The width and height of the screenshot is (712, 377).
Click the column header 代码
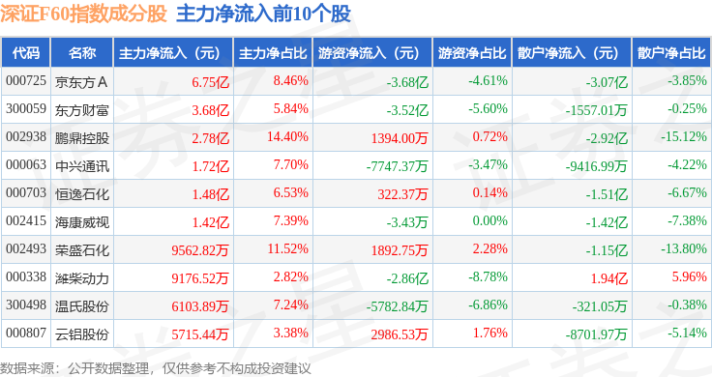26,53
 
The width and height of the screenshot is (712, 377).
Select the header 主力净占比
273,53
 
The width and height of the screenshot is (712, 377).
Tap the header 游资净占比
472,53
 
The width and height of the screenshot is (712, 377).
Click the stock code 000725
26,81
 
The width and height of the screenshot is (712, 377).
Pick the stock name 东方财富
82,110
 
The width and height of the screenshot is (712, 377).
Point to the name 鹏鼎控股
82,138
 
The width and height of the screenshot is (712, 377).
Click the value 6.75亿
210,82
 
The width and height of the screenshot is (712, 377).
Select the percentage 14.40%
287,136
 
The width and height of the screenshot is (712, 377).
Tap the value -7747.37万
397,166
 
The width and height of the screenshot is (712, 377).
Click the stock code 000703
26,192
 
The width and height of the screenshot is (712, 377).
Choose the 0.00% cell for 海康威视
489,220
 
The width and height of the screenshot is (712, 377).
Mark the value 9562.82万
200,250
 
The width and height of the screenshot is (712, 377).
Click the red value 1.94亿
608,278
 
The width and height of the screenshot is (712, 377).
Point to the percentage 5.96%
690,276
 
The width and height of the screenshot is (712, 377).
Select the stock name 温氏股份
82,306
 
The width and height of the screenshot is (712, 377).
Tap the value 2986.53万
400,334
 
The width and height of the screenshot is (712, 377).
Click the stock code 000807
26,333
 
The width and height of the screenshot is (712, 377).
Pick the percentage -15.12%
684,136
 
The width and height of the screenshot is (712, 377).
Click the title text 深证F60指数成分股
83,14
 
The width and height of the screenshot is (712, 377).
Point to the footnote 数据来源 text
27,368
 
